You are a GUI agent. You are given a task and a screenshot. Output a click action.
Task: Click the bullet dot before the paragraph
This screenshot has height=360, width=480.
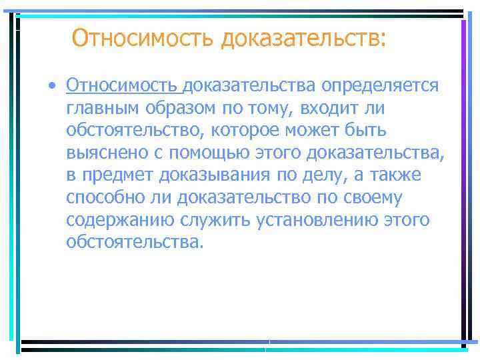[x=51, y=86]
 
